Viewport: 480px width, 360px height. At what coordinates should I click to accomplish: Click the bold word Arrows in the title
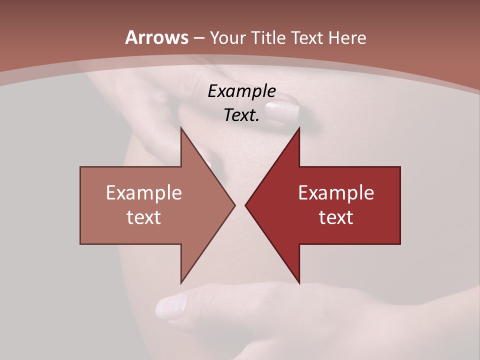tap(156, 37)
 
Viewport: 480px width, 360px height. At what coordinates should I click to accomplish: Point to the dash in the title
tap(198, 38)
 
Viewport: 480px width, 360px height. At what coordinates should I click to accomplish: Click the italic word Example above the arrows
tap(241, 91)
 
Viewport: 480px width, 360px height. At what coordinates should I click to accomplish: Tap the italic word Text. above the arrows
tap(241, 115)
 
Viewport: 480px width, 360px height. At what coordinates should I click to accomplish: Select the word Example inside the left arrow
tap(143, 193)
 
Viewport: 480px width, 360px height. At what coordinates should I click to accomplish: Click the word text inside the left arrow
tap(143, 217)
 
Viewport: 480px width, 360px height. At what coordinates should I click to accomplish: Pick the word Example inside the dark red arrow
tap(336, 193)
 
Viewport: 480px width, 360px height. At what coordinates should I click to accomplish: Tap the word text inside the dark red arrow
tap(336, 217)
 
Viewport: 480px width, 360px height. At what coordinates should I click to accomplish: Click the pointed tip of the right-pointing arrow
tap(235, 205)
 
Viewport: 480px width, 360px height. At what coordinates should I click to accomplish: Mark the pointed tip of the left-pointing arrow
tap(245, 205)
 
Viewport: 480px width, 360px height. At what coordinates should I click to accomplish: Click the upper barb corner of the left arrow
tap(181, 128)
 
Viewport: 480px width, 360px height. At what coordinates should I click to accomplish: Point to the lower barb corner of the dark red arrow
tap(299, 283)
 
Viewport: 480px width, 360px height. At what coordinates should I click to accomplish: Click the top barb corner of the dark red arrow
tap(299, 128)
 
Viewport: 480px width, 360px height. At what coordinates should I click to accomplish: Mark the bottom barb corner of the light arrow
tap(181, 283)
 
